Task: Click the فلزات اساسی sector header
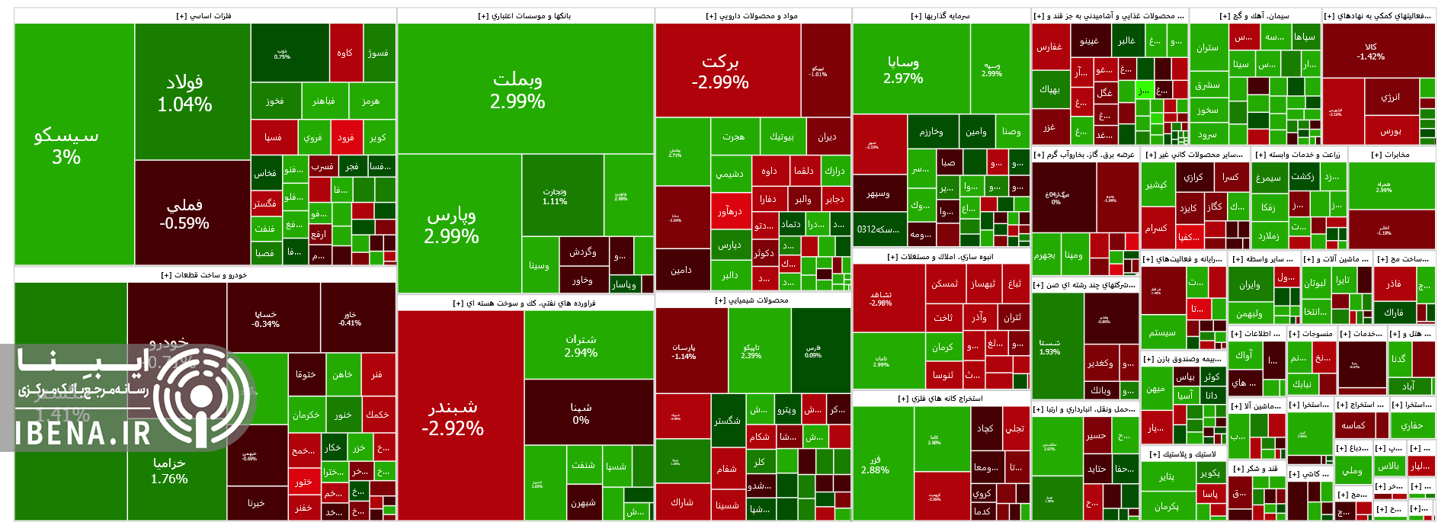[x=204, y=16]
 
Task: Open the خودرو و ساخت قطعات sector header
[x=204, y=275]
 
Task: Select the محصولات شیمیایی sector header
[x=752, y=300]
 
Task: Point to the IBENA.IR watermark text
[x=84, y=433]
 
